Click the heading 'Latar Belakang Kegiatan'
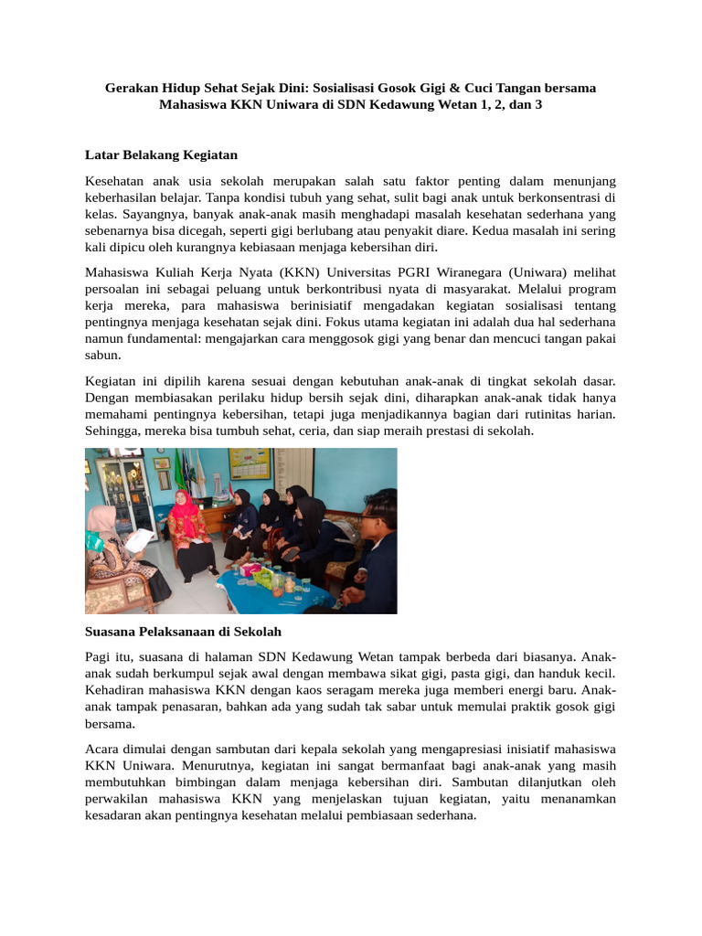click(x=161, y=154)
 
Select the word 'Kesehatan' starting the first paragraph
click(x=116, y=181)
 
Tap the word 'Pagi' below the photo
click(x=98, y=657)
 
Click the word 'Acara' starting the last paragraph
click(x=101, y=749)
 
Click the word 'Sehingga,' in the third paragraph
click(x=112, y=431)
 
